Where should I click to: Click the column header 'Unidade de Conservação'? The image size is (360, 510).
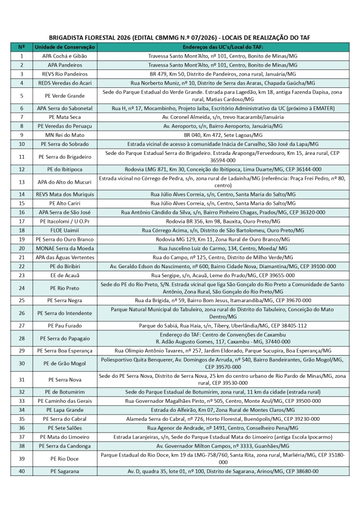[x=65, y=47]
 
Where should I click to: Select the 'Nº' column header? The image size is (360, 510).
[x=22, y=47]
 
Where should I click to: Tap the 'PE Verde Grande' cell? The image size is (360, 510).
[x=65, y=96]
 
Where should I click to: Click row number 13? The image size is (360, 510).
[x=22, y=182]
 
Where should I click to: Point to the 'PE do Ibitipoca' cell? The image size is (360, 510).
[x=65, y=169]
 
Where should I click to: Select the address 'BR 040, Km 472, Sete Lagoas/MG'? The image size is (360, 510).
[x=223, y=135]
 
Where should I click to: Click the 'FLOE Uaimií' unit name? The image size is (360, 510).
[x=65, y=230]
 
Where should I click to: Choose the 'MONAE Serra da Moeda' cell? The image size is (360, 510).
[x=65, y=248]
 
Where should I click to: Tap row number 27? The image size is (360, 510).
[x=22, y=326]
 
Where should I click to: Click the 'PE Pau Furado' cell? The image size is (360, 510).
[x=65, y=326]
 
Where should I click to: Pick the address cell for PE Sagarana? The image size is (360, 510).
[x=223, y=471]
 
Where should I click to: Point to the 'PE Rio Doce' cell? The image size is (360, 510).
[x=65, y=459]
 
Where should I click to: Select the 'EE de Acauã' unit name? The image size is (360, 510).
[x=65, y=275]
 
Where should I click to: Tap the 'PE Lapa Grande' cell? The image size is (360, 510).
[x=65, y=410]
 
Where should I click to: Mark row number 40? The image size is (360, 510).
[x=22, y=471]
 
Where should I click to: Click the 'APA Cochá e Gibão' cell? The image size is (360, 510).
[x=65, y=56]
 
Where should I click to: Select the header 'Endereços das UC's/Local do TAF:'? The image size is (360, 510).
[x=223, y=47]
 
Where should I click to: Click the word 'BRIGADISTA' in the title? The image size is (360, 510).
[x=67, y=38]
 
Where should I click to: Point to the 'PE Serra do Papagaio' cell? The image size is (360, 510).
[x=65, y=339]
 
